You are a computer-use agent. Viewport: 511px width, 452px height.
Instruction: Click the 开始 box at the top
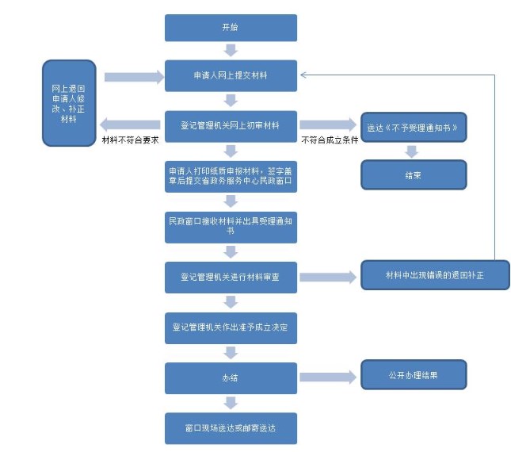pos(231,28)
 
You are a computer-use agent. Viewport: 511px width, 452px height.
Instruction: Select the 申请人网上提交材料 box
pos(231,76)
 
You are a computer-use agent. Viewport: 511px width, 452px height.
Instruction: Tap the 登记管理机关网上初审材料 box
pos(231,125)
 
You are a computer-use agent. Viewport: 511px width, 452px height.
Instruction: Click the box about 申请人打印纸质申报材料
pos(231,177)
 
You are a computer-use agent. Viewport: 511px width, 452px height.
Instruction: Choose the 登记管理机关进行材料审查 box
pos(231,278)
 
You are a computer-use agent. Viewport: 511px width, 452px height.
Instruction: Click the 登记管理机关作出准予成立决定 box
pos(231,327)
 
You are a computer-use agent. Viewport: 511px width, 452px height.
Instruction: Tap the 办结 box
pos(231,377)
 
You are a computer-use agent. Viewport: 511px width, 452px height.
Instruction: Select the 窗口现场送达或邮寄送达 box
pos(231,428)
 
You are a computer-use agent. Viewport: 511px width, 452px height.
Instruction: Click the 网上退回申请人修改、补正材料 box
pos(69,103)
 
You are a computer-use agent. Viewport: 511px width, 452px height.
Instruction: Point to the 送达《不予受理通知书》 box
pos(414,127)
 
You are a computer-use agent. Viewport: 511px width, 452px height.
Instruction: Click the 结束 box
pos(414,174)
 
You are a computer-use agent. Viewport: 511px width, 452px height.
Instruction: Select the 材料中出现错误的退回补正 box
pos(435,275)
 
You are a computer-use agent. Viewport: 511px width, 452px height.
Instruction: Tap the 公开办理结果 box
pos(414,375)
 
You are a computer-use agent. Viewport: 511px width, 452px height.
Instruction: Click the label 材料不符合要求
pos(130,140)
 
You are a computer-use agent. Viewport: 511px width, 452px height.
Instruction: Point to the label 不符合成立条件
pos(330,140)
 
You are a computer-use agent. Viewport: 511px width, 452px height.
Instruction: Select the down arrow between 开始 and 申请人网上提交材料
pos(231,50)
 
